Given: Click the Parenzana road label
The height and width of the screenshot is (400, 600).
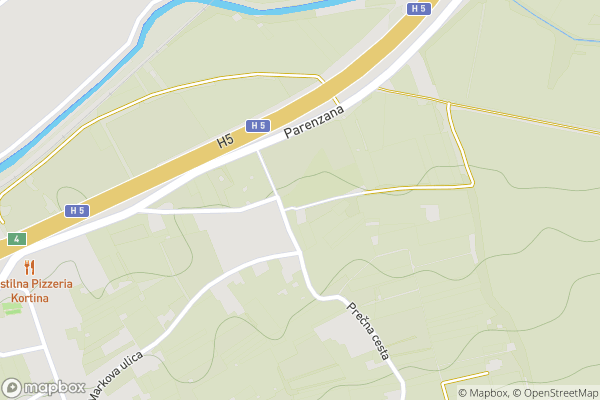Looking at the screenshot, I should (x=314, y=124).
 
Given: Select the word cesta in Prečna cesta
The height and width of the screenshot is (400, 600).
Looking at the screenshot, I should (x=377, y=346).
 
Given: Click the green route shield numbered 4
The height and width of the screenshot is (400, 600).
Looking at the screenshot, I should (x=16, y=239).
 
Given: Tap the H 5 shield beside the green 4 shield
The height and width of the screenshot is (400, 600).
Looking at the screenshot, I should (x=77, y=211).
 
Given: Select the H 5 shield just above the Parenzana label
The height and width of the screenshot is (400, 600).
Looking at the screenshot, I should (x=258, y=125).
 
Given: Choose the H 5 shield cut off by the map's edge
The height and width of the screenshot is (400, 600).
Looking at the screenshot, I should (x=418, y=8).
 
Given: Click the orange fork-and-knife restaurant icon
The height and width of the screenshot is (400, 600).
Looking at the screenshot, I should (x=30, y=267).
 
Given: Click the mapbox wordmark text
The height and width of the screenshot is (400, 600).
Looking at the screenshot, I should (x=54, y=388).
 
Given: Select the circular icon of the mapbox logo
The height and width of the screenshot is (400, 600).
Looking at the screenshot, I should (x=12, y=388).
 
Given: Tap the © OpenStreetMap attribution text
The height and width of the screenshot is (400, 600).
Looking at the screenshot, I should (x=556, y=392).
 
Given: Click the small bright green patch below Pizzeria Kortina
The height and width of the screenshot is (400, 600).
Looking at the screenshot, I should (x=12, y=308).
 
